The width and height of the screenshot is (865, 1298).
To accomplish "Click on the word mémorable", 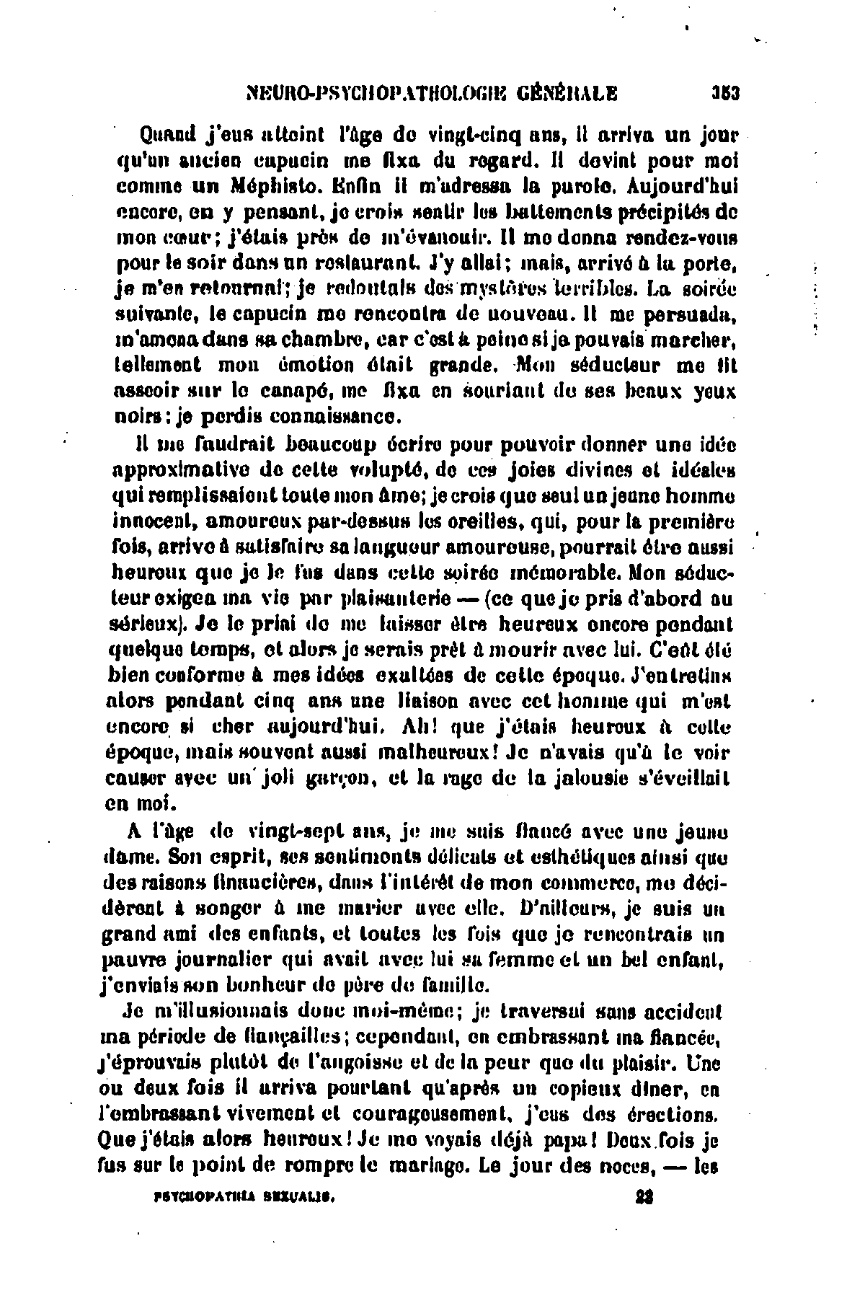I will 568,575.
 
